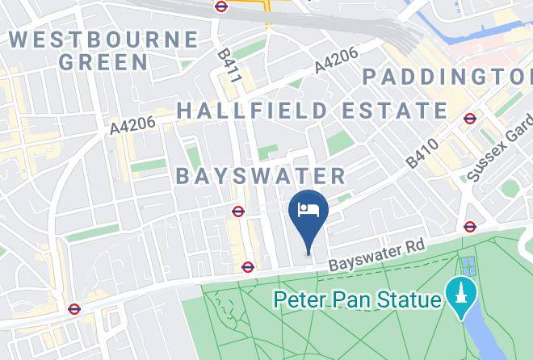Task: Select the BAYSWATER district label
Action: tap(260, 176)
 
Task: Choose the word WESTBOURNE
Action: tap(103, 39)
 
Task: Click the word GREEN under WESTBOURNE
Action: tap(103, 61)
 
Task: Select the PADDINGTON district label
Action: tap(447, 77)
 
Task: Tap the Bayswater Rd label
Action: tap(376, 255)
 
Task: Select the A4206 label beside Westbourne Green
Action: tap(132, 123)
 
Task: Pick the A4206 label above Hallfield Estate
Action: tap(335, 62)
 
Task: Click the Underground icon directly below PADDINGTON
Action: tap(470, 119)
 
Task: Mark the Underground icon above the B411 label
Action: tap(221, 6)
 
